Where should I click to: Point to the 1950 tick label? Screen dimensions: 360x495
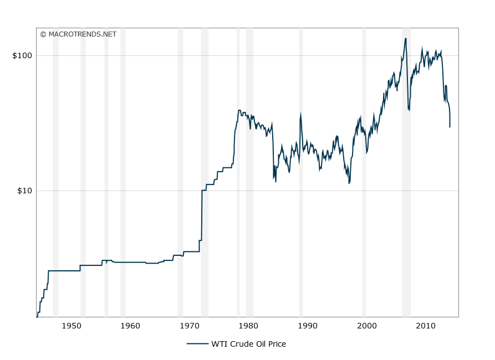point(72,325)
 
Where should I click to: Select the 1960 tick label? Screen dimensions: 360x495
point(130,325)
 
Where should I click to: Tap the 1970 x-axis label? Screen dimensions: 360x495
point(190,325)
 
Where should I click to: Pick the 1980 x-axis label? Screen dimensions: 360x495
point(248,325)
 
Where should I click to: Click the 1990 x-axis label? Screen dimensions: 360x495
point(308,325)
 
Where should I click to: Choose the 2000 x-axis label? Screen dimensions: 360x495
point(366,325)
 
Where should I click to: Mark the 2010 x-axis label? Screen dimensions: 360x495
point(426,325)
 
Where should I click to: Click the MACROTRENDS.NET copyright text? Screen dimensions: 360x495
point(78,34)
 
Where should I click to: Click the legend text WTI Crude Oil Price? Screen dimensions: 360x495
point(248,344)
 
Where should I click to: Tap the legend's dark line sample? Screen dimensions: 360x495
point(197,344)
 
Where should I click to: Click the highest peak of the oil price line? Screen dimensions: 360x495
point(406,38)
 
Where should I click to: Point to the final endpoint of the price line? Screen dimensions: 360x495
point(450,127)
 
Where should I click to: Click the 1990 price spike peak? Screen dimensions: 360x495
point(300,114)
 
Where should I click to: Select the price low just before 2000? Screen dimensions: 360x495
point(349,183)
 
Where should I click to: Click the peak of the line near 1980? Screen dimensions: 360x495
point(239,110)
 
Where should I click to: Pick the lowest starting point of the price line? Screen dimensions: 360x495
point(37,317)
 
